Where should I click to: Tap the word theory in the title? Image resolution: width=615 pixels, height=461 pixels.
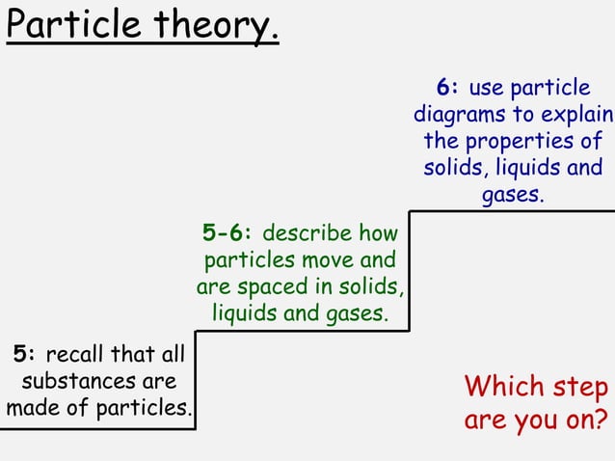[x=203, y=26]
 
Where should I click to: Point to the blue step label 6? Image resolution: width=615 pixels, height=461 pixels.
[x=447, y=88]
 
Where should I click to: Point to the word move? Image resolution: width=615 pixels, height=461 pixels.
[x=329, y=260]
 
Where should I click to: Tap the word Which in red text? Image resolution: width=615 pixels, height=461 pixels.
[x=504, y=388]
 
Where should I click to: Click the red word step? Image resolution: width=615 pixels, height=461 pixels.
[x=580, y=388]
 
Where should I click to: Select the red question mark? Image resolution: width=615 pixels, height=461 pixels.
[x=602, y=420]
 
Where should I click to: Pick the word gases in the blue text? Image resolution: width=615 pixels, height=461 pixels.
[x=511, y=196]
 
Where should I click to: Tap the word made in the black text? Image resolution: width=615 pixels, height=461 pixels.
[x=30, y=407]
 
